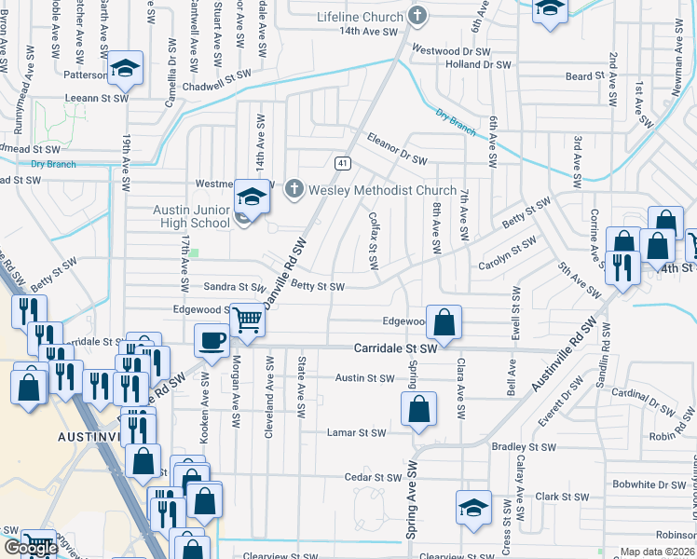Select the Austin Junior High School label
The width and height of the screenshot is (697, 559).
coord(192,216)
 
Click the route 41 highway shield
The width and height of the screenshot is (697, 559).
coord(343,163)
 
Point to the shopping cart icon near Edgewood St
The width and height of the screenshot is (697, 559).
coord(248,320)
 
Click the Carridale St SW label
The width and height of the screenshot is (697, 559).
coord(395,348)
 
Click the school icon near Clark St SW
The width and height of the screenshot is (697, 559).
coord(473,508)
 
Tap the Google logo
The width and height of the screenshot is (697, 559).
coord(30,548)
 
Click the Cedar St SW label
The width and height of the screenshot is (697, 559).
coord(373,477)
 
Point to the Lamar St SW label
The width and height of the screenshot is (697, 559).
coord(356,433)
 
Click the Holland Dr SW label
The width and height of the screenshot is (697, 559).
coord(478,65)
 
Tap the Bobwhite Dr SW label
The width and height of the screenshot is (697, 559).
coord(649,485)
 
